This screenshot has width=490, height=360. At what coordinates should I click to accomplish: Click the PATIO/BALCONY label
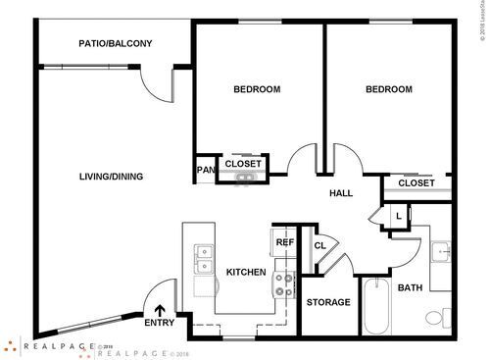(x=115, y=44)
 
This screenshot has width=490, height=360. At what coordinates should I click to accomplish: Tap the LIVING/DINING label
(x=111, y=177)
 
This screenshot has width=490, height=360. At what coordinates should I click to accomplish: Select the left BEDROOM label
(x=257, y=89)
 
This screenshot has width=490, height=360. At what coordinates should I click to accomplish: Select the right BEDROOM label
(x=389, y=89)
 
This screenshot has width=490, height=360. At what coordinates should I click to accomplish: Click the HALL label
(x=341, y=193)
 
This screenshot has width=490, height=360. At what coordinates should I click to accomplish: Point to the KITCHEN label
(x=246, y=272)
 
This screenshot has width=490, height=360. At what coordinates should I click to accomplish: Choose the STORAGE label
(x=328, y=302)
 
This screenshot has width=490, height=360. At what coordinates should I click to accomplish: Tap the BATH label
(x=410, y=287)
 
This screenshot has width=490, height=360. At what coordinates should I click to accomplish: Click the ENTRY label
(x=159, y=323)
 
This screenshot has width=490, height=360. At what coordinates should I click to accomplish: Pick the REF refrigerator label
(x=285, y=242)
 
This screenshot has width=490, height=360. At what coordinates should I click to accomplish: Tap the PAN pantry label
(x=206, y=170)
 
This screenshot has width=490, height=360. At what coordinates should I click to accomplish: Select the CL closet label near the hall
(x=319, y=245)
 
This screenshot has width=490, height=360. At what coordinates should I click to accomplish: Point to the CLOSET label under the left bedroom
(x=244, y=164)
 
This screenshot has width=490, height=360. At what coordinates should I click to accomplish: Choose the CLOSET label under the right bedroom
(x=416, y=182)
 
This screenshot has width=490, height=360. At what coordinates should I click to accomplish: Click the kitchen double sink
(x=205, y=257)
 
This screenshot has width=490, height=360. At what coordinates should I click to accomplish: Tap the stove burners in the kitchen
(x=286, y=283)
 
